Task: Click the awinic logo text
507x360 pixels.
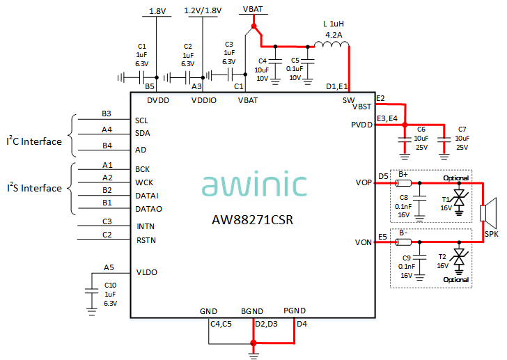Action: [x=255, y=185]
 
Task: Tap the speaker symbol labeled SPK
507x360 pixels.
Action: [x=490, y=214]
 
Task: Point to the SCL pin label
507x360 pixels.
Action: [x=142, y=120]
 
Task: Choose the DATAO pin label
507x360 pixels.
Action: [x=149, y=208]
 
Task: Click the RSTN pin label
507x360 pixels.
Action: [x=146, y=241]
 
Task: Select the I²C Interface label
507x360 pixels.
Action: [x=34, y=141]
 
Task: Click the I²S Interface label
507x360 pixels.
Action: [x=34, y=188]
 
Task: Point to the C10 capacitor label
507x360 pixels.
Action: [x=110, y=285]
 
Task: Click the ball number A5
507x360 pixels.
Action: [x=109, y=267]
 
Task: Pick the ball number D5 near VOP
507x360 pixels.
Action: [x=383, y=176]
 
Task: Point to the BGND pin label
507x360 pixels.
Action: [x=253, y=310]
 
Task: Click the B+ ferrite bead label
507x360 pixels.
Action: [x=403, y=174]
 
